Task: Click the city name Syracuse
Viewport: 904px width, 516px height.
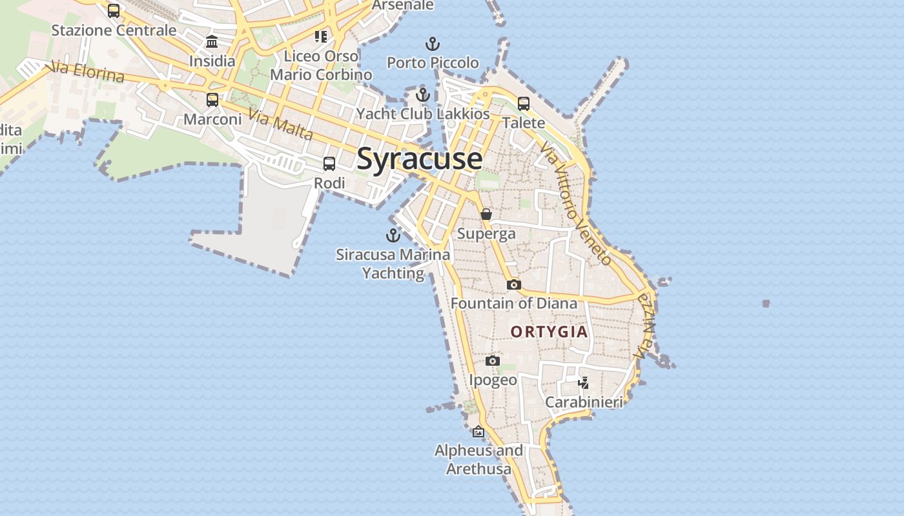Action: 419,159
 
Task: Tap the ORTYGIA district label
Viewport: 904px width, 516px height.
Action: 549,332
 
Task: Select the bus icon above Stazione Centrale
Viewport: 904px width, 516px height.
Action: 114,11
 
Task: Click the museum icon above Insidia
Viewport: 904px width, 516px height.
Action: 212,43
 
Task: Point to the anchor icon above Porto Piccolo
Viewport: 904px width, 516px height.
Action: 433,44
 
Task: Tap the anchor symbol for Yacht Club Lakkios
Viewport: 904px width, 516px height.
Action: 423,95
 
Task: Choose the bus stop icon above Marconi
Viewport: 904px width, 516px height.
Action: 212,100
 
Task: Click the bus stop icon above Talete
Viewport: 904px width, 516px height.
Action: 524,103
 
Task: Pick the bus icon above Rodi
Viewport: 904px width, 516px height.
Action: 329,164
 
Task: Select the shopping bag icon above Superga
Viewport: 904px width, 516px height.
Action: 486,214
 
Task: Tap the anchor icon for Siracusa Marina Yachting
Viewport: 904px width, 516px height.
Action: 393,235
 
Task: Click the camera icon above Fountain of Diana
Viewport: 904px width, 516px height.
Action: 513,284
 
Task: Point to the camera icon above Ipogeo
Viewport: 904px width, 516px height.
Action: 493,361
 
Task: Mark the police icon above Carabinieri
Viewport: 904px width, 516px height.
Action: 584,383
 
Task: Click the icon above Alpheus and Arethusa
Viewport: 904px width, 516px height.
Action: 478,432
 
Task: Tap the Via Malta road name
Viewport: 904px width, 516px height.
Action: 280,125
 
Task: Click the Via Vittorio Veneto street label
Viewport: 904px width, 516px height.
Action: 576,204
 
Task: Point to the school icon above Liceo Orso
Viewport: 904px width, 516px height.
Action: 321,37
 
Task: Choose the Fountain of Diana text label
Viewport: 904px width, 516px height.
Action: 514,303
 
